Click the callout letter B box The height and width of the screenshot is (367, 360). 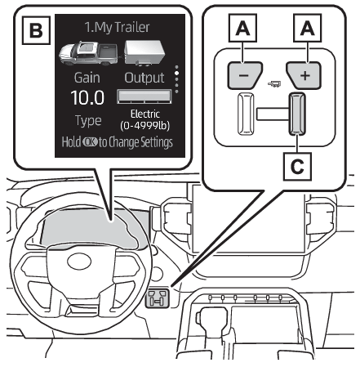(36, 30)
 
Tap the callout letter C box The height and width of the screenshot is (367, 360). (297, 167)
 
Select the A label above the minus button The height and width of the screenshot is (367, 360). (242, 28)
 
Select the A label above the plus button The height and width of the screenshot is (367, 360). (307, 28)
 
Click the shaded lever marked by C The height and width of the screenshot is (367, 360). (297, 114)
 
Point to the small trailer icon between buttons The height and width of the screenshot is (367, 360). (274, 84)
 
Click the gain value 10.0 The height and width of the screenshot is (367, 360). (87, 97)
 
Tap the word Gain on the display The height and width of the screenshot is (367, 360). (87, 78)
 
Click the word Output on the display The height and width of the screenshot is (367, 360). (144, 78)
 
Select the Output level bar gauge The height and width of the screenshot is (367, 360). (144, 96)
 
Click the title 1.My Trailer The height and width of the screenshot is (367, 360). (117, 27)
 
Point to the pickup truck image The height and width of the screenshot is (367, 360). (88, 53)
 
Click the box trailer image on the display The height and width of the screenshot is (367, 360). (144, 53)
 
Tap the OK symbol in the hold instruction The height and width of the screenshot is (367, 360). (90, 142)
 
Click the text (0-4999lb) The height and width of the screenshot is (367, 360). (144, 126)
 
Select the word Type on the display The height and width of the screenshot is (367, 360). (88, 120)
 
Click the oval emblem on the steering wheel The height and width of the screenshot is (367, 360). (79, 262)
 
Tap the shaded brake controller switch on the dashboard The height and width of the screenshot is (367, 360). (158, 298)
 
